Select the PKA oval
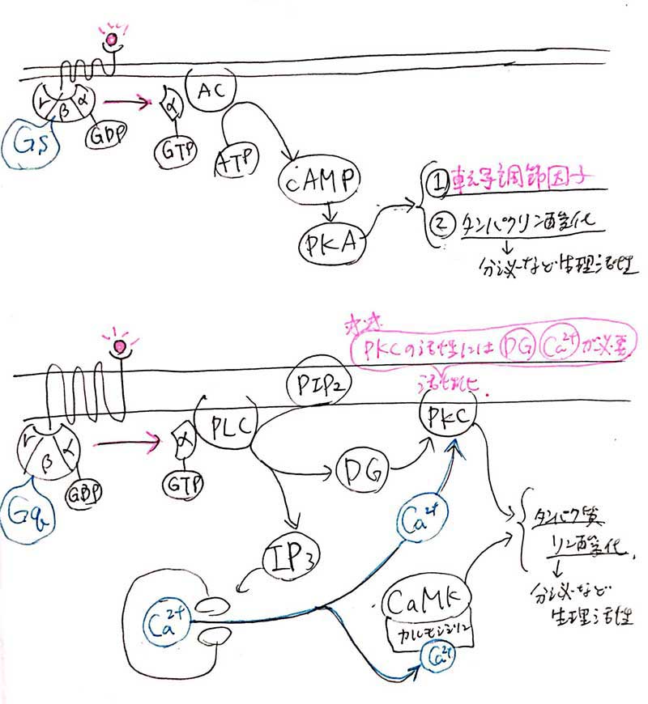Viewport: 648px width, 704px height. tap(332, 240)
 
